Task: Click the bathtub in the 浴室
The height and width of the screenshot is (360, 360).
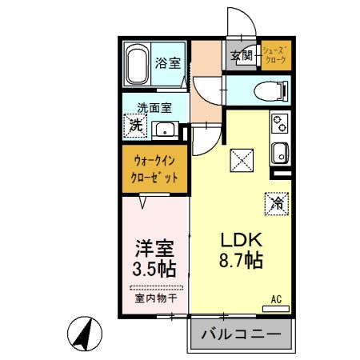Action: pyautogui.click(x=136, y=64)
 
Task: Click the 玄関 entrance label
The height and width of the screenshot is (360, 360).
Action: pyautogui.click(x=242, y=56)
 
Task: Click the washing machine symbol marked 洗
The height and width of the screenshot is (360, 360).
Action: pyautogui.click(x=136, y=126)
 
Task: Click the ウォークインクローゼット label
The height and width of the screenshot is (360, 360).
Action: pyautogui.click(x=155, y=168)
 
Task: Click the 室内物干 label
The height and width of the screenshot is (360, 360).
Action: pyautogui.click(x=156, y=298)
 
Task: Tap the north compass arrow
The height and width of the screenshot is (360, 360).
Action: pyautogui.click(x=82, y=332)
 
